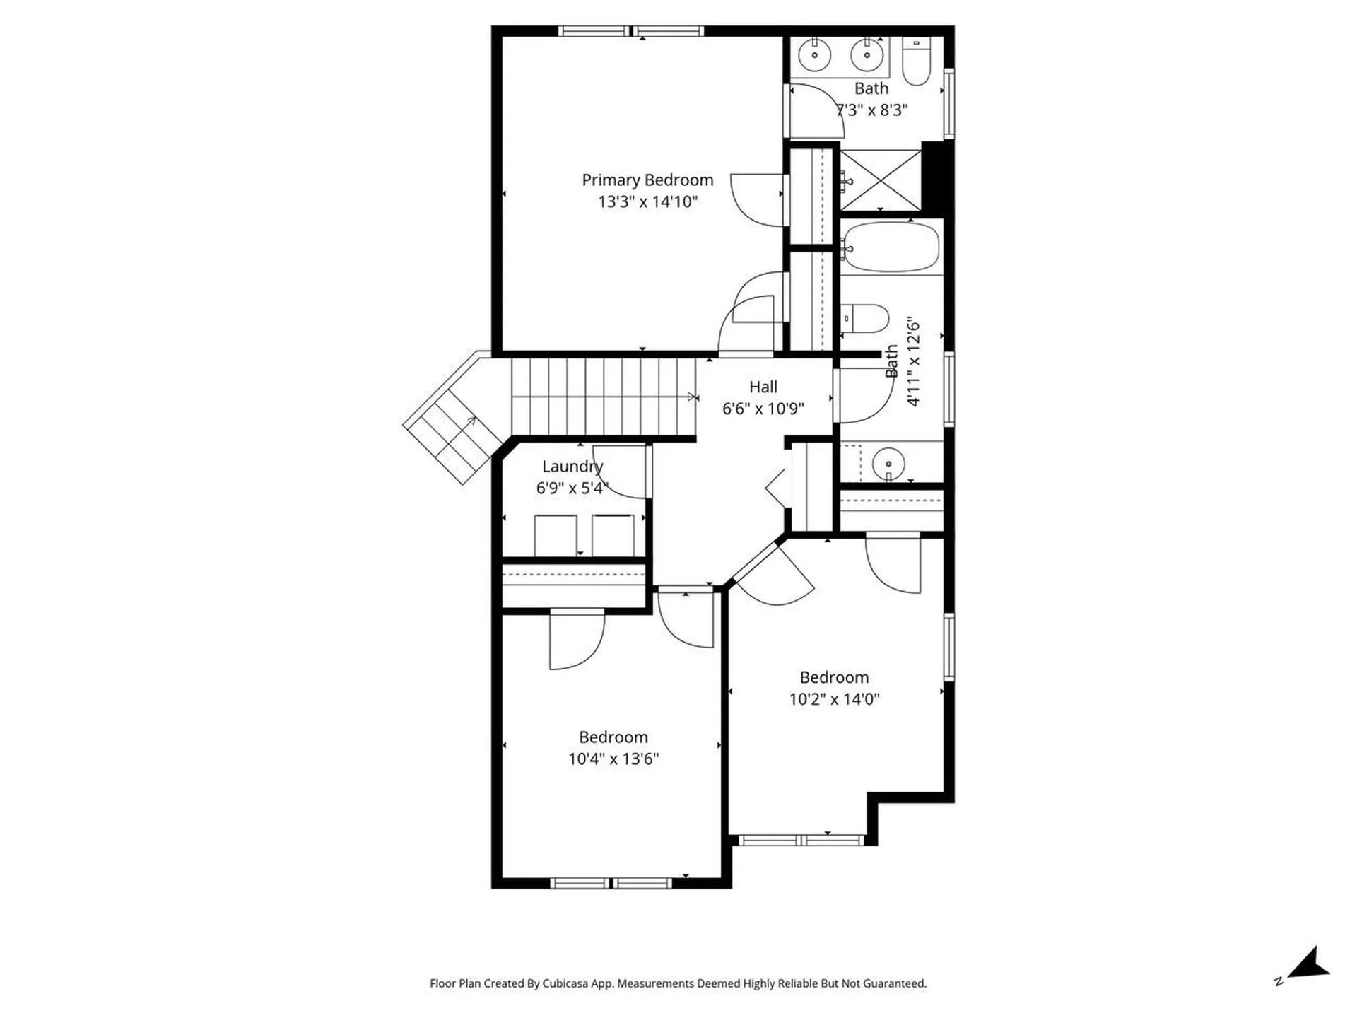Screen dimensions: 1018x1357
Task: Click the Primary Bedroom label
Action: click(x=647, y=180)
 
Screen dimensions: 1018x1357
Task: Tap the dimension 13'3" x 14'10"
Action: click(x=647, y=201)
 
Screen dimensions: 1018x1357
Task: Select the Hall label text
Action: click(x=763, y=387)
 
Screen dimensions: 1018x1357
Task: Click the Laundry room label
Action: click(x=572, y=466)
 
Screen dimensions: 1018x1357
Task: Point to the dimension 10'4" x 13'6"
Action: click(x=613, y=759)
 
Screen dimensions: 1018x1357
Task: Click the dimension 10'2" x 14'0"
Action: click(x=834, y=699)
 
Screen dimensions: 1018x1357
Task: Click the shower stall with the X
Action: click(x=881, y=180)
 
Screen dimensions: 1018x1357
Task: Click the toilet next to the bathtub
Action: click(x=866, y=319)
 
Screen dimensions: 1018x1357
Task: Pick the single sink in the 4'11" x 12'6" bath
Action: click(x=888, y=464)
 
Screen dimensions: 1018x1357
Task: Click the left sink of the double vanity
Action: click(x=815, y=55)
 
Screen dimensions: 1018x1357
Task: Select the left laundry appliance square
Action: click(x=556, y=535)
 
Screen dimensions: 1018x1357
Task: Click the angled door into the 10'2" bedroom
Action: click(x=774, y=573)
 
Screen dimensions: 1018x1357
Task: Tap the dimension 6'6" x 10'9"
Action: click(x=763, y=409)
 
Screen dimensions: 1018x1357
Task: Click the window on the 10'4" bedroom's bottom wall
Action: click(x=611, y=883)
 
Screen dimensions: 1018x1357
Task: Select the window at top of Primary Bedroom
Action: click(x=630, y=31)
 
